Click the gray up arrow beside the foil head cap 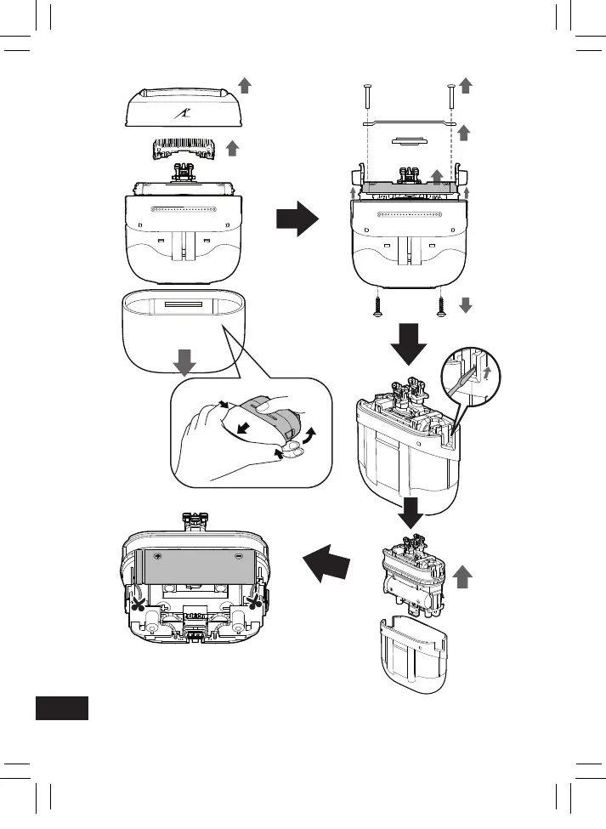tap(245, 84)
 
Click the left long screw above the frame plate tap(367, 96)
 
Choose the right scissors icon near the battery tap(254, 603)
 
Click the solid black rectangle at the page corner tap(62, 708)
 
